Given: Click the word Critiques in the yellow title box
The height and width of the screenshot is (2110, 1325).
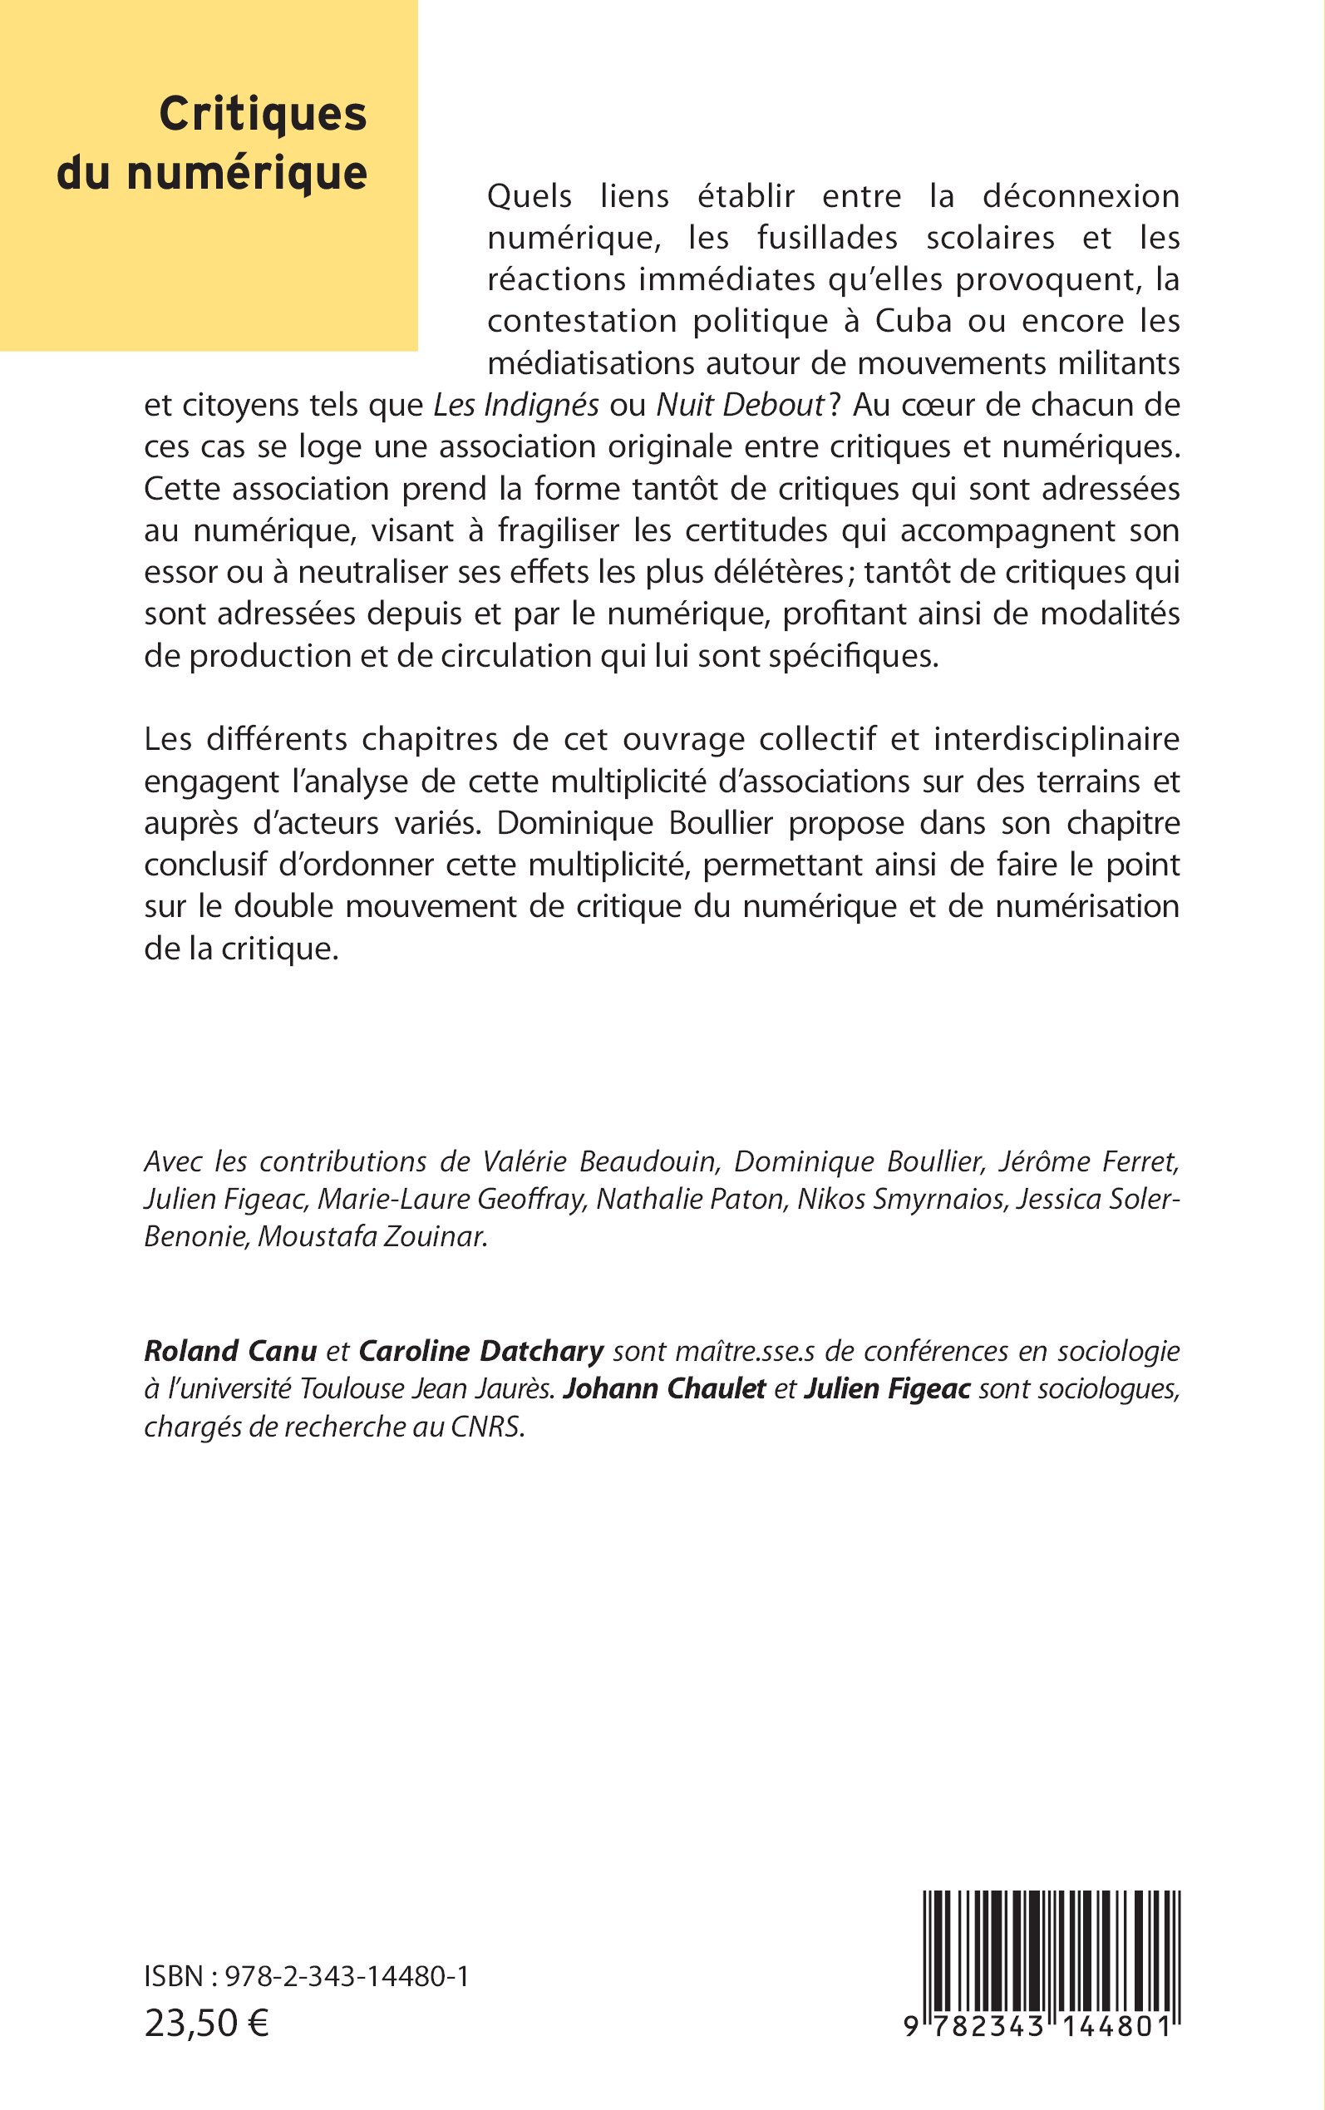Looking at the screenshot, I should (x=262, y=115).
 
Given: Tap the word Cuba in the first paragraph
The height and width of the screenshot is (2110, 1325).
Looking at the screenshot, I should (x=912, y=321).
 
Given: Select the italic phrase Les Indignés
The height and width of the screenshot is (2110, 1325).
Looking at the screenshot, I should (x=517, y=405).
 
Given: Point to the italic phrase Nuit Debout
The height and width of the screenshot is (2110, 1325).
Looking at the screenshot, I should (x=741, y=405).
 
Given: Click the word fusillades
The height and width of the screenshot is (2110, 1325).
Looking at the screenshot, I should (x=827, y=238).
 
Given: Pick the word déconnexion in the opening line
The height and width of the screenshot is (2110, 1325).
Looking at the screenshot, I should (x=1081, y=196).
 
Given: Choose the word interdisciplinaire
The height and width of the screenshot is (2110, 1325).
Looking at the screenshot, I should (x=1056, y=739).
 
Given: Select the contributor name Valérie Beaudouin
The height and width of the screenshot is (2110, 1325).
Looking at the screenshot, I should (x=600, y=1161).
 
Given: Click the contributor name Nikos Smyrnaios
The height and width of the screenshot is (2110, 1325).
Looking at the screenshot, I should (x=901, y=1199).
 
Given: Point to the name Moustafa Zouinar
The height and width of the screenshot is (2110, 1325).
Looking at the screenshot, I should (x=372, y=1236).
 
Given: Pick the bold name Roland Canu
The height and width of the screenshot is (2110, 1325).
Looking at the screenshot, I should (x=230, y=1351).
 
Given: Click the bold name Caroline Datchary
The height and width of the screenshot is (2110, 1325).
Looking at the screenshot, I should (x=481, y=1351).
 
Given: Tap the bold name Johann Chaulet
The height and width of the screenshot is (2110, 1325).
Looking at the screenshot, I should (x=664, y=1389).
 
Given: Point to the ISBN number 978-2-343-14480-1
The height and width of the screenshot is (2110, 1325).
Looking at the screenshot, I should (x=347, y=1976).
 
